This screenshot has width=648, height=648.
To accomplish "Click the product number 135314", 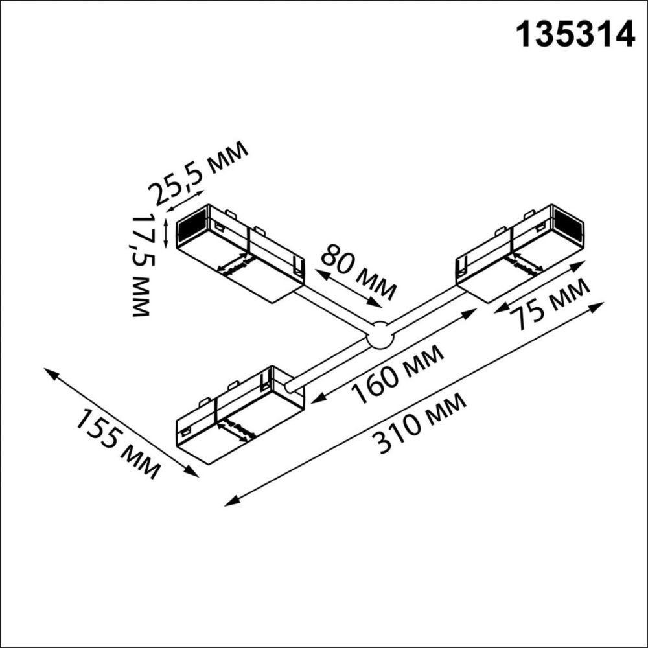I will coord(574,34).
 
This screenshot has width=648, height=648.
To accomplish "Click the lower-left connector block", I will coord(240,415).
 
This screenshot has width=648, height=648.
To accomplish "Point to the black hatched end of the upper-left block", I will coord(191,227).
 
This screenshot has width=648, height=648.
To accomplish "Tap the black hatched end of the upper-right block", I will coord(568,224).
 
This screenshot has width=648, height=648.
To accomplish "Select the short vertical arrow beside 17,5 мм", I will coord(167,233).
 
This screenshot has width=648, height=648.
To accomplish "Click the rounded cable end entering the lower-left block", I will coord(293,386).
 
